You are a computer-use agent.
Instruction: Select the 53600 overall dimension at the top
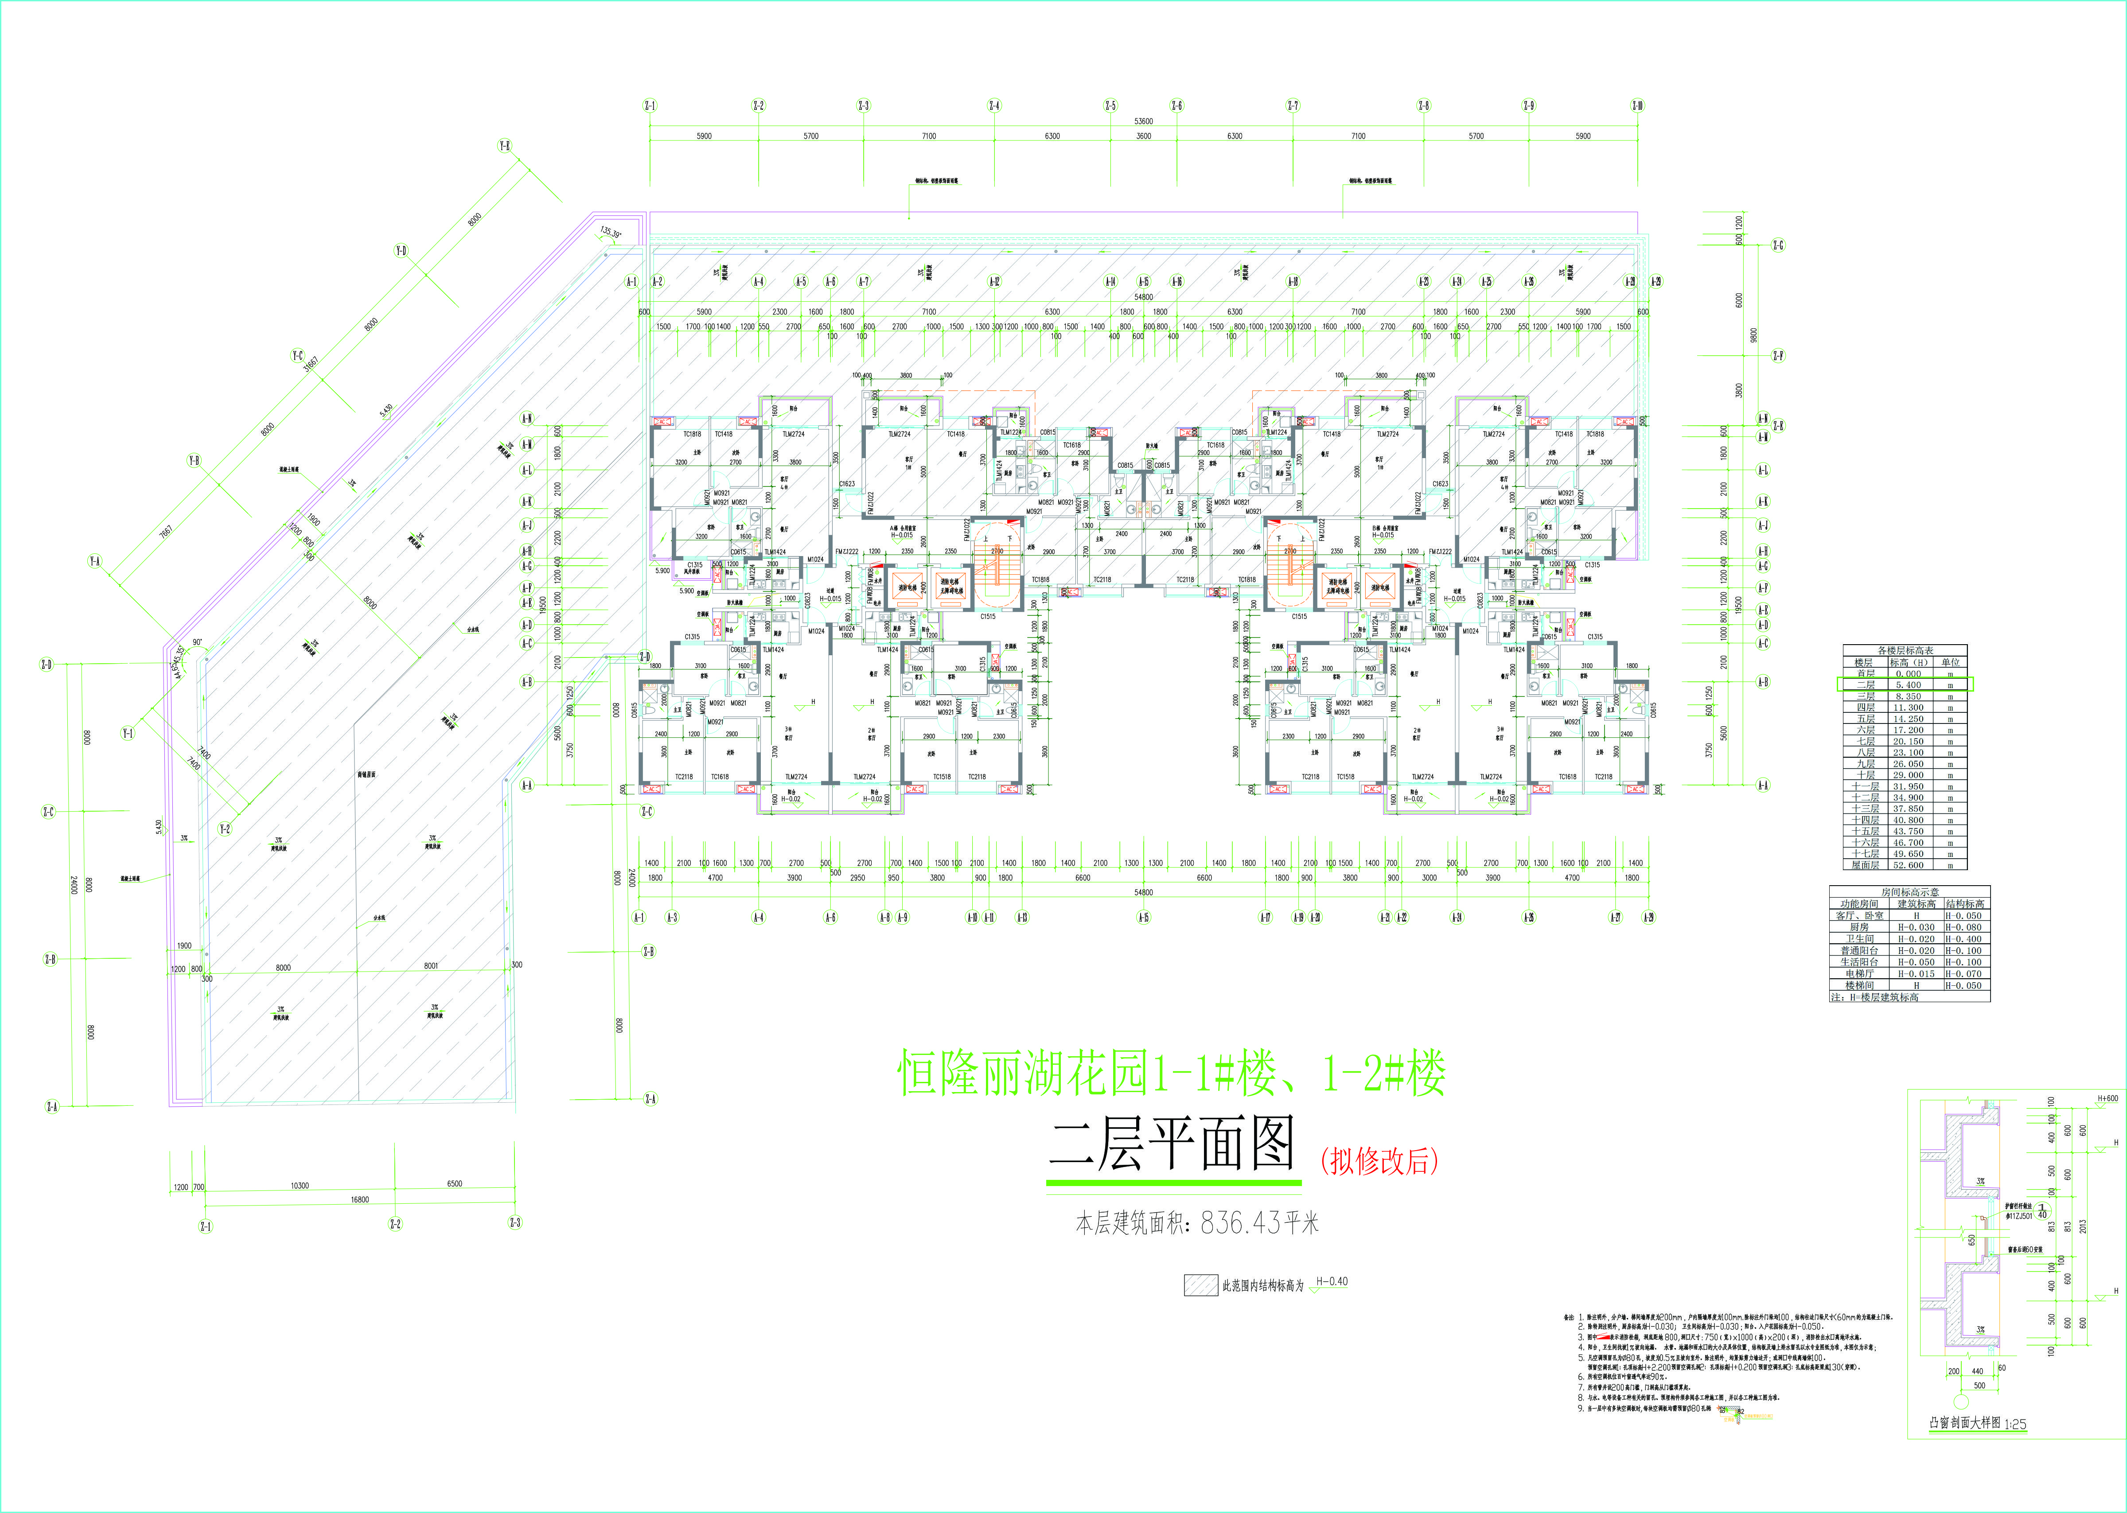(1143, 121)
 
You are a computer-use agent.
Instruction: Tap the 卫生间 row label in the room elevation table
(1860, 939)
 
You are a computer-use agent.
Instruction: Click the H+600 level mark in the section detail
(2108, 1098)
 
